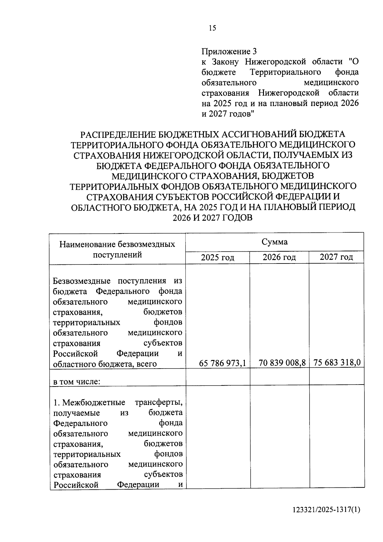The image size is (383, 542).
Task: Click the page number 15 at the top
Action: point(212,28)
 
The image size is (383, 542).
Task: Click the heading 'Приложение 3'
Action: point(229,51)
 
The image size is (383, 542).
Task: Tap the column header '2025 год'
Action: point(217,257)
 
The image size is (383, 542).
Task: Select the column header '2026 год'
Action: point(279,257)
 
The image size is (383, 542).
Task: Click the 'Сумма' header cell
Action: point(274,242)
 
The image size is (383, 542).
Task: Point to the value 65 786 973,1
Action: point(222,363)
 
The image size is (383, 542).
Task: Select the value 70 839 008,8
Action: point(282,363)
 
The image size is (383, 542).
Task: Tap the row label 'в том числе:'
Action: point(77,382)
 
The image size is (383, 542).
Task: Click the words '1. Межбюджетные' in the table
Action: point(89,402)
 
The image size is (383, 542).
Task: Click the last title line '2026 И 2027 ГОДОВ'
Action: point(212,218)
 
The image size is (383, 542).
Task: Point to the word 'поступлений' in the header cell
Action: point(117,255)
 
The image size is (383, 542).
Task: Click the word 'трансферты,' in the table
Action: point(159,402)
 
